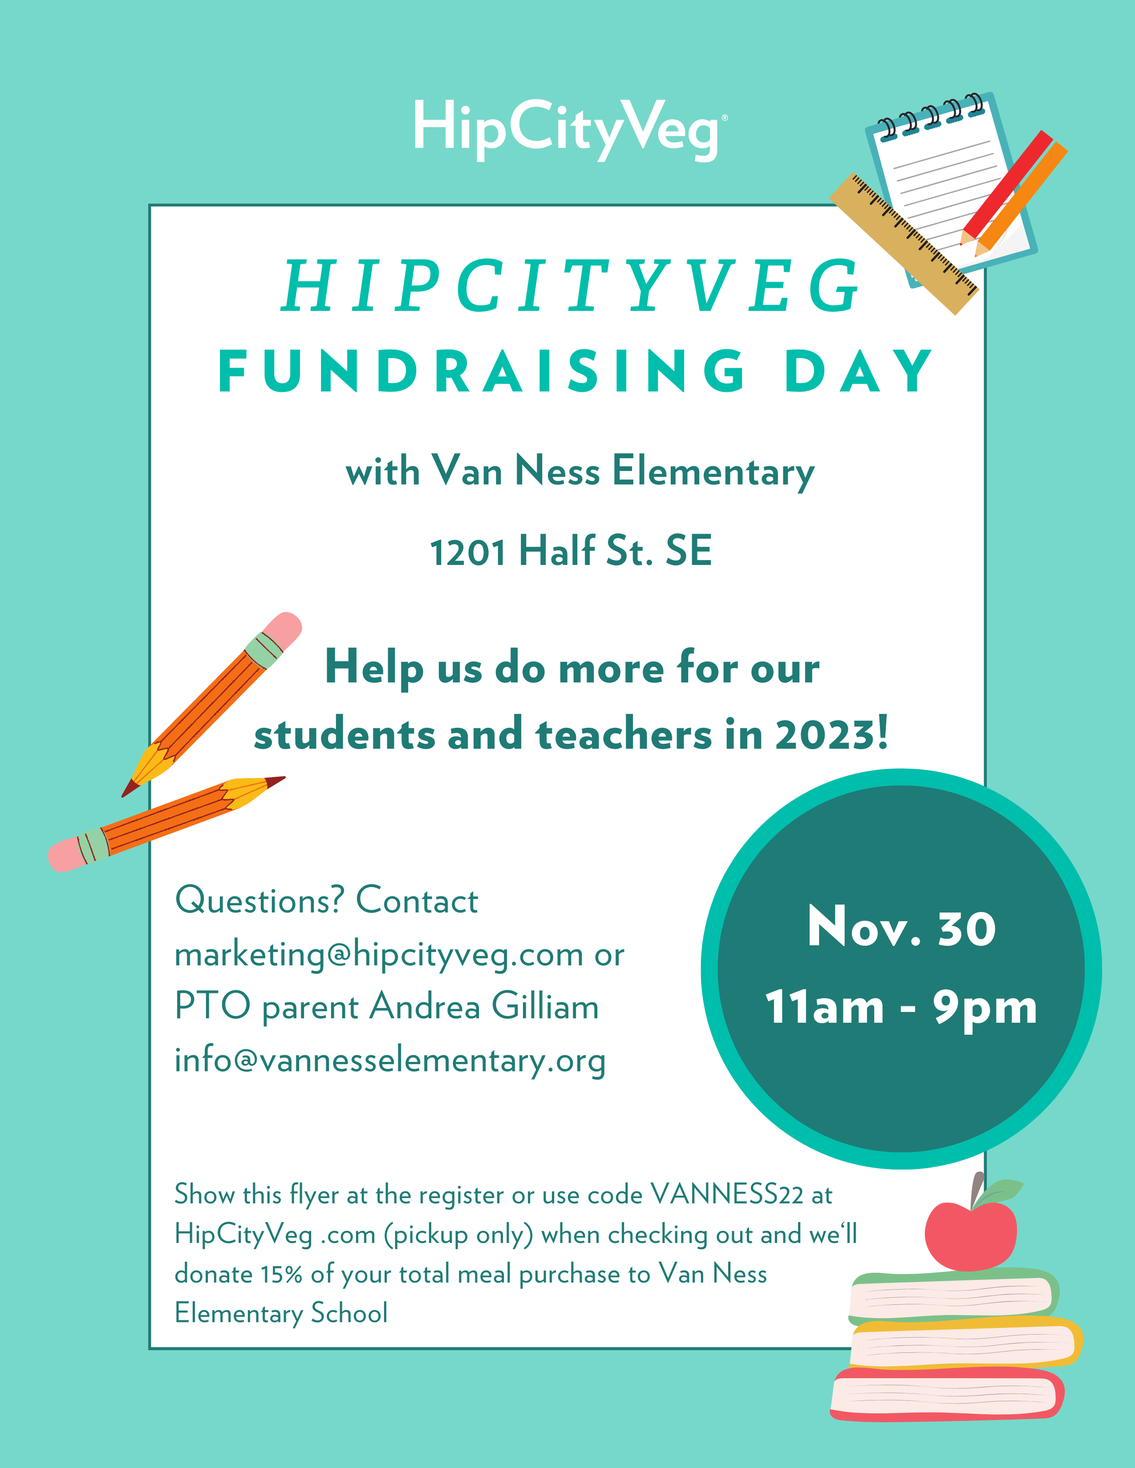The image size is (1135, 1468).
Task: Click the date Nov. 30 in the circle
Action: click(x=901, y=928)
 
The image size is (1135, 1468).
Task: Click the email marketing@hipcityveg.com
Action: click(x=379, y=954)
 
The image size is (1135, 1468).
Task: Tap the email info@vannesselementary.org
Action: click(x=390, y=1060)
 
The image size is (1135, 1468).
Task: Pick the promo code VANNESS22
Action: click(x=727, y=1194)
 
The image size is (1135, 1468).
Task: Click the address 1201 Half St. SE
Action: click(x=570, y=551)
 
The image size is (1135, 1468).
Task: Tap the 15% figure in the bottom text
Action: click(x=281, y=1274)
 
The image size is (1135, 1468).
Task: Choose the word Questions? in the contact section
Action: click(x=260, y=901)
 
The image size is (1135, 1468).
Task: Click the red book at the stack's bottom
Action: click(x=947, y=1395)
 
